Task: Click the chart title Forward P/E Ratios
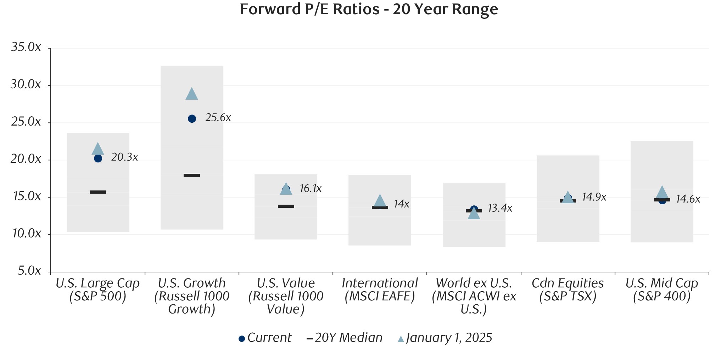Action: click(x=369, y=9)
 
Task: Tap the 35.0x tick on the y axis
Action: click(x=26, y=47)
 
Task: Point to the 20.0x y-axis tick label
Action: click(x=26, y=159)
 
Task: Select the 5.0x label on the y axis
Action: click(x=29, y=271)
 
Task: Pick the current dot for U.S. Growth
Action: click(x=192, y=119)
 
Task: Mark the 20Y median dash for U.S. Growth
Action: click(x=192, y=175)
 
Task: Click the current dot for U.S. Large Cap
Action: click(x=98, y=159)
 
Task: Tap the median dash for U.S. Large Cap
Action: click(x=98, y=192)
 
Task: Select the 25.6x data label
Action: click(x=218, y=118)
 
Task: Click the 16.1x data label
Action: click(x=311, y=188)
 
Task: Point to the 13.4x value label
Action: click(x=500, y=208)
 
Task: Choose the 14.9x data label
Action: click(x=594, y=197)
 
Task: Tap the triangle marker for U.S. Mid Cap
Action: click(x=662, y=193)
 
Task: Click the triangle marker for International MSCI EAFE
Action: click(x=380, y=201)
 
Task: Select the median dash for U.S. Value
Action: click(x=286, y=206)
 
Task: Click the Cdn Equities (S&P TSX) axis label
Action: click(x=567, y=289)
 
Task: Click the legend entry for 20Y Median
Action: click(x=345, y=338)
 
